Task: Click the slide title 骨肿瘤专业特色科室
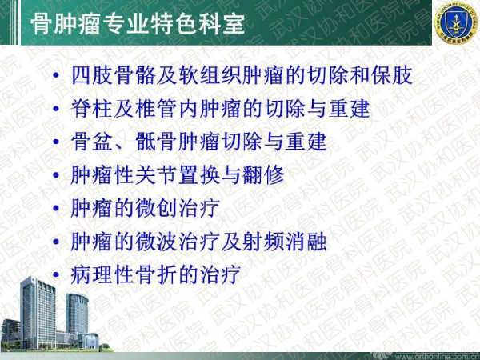click(138, 24)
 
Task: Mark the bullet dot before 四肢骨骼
click(56, 75)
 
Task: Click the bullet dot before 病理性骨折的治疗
click(56, 274)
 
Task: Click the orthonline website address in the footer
click(442, 357)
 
